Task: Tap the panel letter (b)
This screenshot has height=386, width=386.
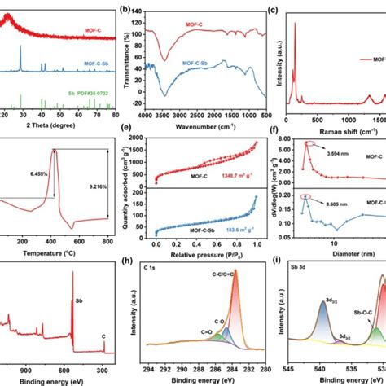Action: click(124, 11)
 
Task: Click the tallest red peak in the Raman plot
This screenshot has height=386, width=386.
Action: click(295, 24)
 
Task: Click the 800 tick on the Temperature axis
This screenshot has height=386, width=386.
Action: click(106, 243)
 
